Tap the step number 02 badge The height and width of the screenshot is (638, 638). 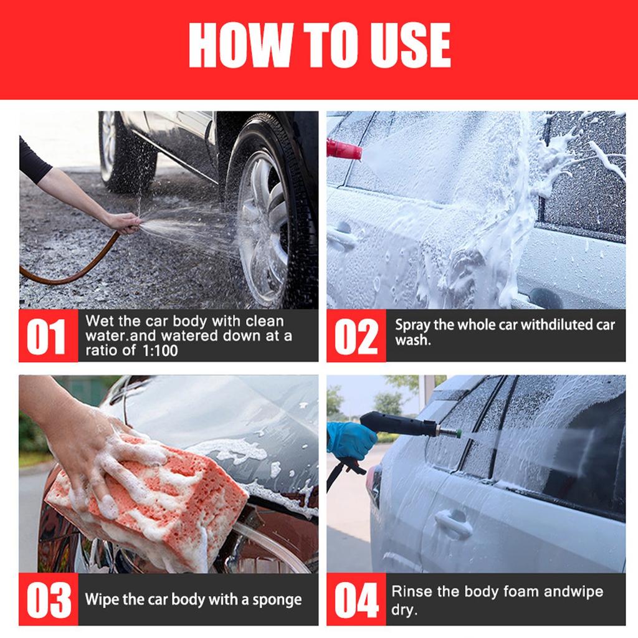pyautogui.click(x=356, y=336)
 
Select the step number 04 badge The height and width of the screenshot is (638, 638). pyautogui.click(x=356, y=599)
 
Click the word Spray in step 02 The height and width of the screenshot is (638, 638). pyautogui.click(x=412, y=325)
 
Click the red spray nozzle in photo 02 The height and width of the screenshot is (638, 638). pyautogui.click(x=343, y=150)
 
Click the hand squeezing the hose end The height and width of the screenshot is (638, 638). pyautogui.click(x=122, y=222)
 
